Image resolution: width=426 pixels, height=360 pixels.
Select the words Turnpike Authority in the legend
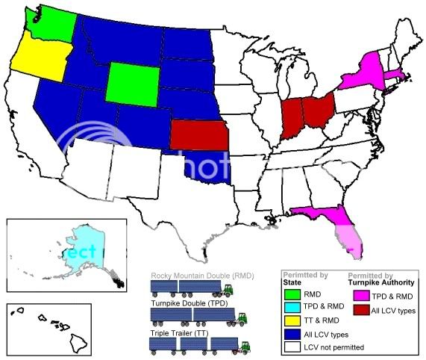click(x=376, y=283)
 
